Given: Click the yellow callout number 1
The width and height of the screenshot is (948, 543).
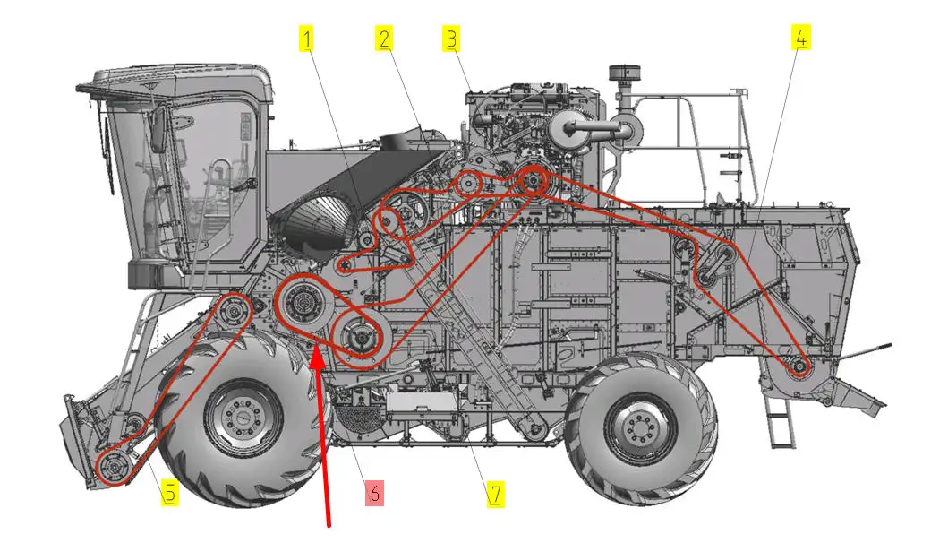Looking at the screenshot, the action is pos(307,39).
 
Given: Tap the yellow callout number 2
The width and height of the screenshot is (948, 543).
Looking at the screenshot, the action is pos(385,39).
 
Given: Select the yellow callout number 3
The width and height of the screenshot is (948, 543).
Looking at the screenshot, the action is pos(451,39).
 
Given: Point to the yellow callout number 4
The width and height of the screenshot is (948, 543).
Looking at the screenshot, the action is pos(801,39).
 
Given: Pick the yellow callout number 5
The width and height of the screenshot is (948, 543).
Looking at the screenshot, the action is pos(170,493).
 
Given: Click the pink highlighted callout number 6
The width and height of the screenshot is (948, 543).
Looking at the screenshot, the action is pos(374,494).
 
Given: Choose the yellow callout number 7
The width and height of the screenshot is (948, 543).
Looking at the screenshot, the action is pos(496,494).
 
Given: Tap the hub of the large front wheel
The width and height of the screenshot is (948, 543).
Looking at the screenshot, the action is pos(243,417).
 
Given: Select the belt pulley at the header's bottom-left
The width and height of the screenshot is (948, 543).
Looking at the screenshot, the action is pos(114,468).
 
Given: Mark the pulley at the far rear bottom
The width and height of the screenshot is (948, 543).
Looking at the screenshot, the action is pos(799,366).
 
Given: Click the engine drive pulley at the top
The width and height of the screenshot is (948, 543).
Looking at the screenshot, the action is pos(533,179).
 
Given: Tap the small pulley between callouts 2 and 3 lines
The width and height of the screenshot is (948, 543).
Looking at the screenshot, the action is pos(468,184).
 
